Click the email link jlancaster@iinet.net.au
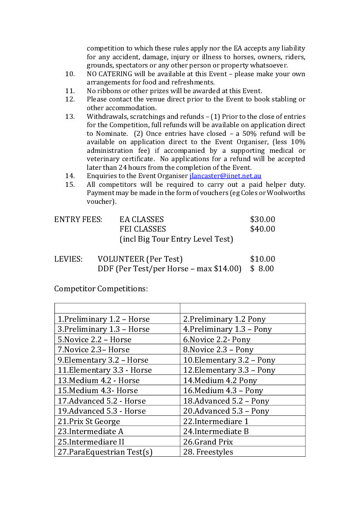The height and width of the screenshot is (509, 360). (225, 176)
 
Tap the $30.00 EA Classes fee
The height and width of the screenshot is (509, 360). (262, 219)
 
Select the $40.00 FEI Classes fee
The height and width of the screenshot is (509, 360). (262, 229)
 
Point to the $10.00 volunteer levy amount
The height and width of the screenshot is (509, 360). (262, 259)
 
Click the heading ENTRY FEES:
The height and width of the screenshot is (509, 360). (78, 219)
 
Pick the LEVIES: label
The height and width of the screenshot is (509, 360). (68, 259)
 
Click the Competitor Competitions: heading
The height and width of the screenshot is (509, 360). (101, 289)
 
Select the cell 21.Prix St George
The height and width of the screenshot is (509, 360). (88, 421)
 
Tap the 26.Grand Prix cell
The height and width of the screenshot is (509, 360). (208, 442)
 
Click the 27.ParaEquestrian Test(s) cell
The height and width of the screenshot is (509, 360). (105, 452)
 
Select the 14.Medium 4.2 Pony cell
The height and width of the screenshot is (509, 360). (220, 381)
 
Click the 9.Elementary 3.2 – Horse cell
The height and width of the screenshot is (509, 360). (103, 360)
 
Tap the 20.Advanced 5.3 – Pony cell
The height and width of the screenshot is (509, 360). (226, 411)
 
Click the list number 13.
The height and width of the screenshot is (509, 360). (70, 117)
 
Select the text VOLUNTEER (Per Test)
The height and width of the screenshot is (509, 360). (140, 259)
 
